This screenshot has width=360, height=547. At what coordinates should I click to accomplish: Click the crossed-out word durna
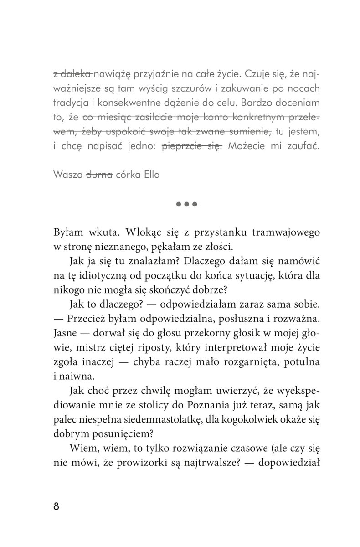[100, 175]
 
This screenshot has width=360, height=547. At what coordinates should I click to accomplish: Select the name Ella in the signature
[150, 175]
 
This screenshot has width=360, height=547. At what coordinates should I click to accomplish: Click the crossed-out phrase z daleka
[73, 73]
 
